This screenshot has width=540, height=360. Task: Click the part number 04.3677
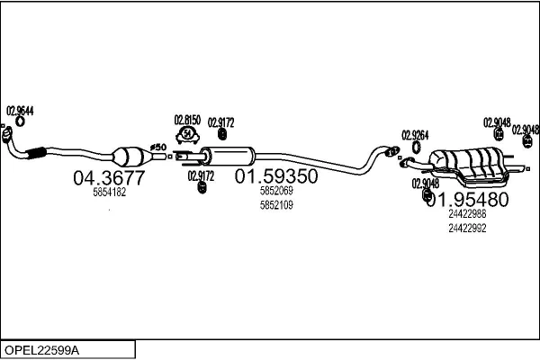click(x=109, y=178)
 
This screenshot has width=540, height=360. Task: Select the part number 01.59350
click(x=276, y=176)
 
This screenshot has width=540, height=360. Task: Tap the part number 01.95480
click(x=468, y=199)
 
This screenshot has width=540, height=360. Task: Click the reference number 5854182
click(x=110, y=193)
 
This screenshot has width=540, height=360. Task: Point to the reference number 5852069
click(x=276, y=191)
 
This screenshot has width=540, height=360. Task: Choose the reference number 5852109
click(x=276, y=205)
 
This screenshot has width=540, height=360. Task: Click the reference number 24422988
click(x=467, y=214)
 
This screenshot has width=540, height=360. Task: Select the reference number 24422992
click(x=467, y=228)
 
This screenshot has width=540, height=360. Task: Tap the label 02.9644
click(x=20, y=111)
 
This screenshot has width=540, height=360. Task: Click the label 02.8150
click(x=187, y=120)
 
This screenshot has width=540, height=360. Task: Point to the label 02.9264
click(x=415, y=135)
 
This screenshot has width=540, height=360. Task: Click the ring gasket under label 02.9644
click(x=21, y=121)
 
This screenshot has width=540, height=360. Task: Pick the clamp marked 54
click(x=188, y=135)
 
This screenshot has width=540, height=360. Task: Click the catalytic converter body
click(x=128, y=157)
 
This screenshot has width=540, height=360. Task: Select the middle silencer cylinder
click(x=228, y=157)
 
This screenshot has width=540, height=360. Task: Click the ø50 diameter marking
click(x=158, y=148)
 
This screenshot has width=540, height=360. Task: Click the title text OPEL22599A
click(x=41, y=351)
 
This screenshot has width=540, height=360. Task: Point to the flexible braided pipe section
click(x=35, y=153)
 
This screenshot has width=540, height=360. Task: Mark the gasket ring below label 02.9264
click(x=417, y=147)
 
